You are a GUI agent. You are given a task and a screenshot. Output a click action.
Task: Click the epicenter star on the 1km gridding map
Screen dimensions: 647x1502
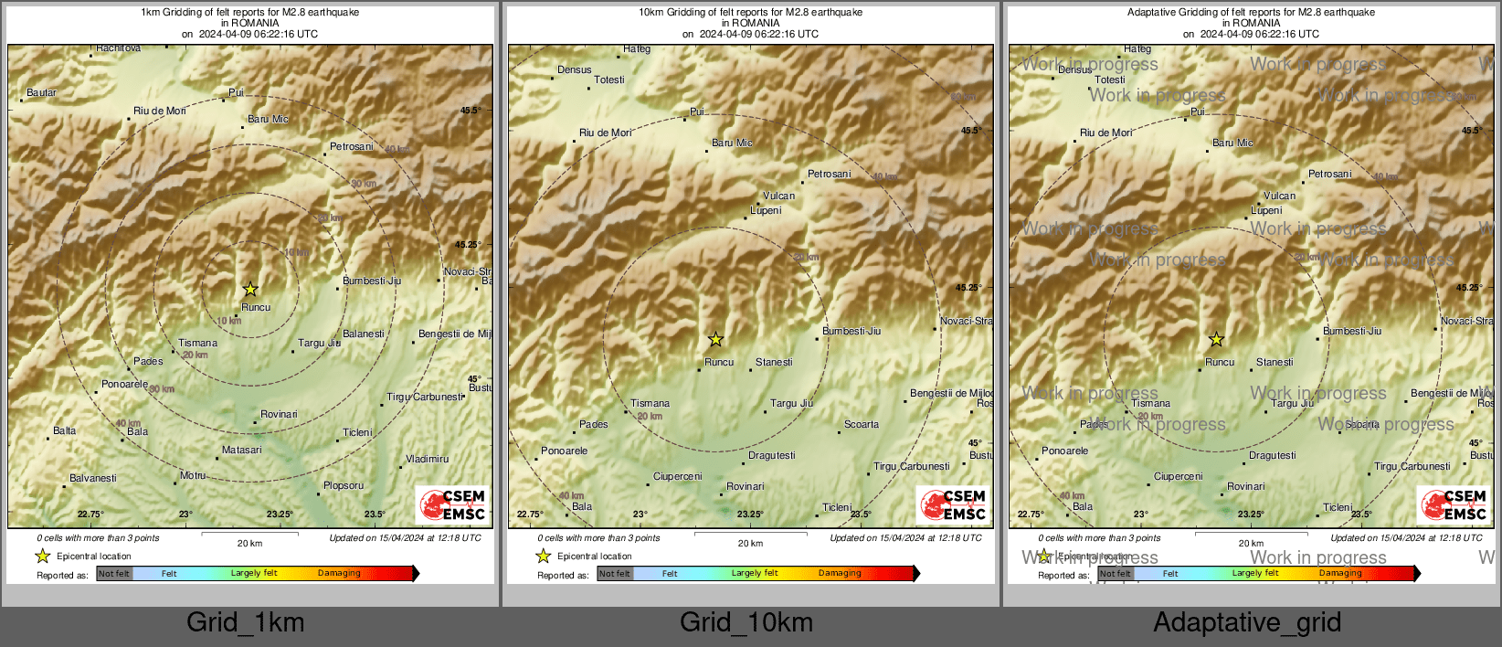coord(250,290)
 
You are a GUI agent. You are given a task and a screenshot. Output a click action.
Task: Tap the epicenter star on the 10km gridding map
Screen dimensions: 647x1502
coord(716,340)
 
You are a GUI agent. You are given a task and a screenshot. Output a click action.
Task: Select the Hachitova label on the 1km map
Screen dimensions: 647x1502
coord(118,48)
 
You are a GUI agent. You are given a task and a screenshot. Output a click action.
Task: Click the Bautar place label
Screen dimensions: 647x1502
coord(42,92)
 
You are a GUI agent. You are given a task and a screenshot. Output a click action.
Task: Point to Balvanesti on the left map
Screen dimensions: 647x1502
coord(93,478)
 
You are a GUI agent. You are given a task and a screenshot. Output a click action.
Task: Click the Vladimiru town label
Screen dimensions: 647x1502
coord(427,459)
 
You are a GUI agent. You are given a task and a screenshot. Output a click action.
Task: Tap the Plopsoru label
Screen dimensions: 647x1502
coord(344,485)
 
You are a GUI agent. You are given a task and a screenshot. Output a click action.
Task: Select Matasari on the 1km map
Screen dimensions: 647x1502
coord(241,450)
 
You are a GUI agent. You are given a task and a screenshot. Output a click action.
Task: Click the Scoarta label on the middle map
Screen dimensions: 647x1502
coord(862,424)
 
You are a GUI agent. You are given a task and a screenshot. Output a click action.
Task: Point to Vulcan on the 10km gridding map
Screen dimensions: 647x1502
coord(779,196)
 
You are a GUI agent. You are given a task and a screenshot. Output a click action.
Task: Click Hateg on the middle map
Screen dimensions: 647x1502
coord(637,49)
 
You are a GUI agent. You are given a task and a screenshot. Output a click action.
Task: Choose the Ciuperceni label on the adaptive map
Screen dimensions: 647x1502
coord(1179,476)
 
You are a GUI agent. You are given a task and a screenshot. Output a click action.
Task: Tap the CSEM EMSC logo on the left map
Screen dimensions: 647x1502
coord(452,504)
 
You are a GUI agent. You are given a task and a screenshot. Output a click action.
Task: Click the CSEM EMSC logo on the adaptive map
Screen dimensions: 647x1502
coord(1454,504)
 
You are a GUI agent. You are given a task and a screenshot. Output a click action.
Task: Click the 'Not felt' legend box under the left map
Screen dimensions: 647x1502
coord(114,574)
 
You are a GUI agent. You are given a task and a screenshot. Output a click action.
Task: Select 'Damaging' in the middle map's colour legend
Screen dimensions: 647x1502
coord(840,574)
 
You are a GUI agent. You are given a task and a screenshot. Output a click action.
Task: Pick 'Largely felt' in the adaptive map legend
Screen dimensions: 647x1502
coord(1255,574)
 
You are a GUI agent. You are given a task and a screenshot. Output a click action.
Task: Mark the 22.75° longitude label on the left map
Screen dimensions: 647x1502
coord(90,514)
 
